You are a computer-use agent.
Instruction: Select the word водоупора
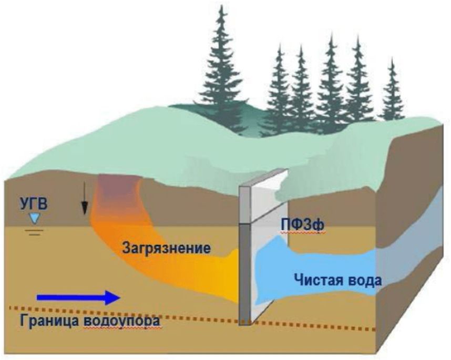(x=122, y=320)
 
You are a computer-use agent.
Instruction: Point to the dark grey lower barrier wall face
(x=244, y=273)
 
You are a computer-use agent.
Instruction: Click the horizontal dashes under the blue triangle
(x=35, y=230)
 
